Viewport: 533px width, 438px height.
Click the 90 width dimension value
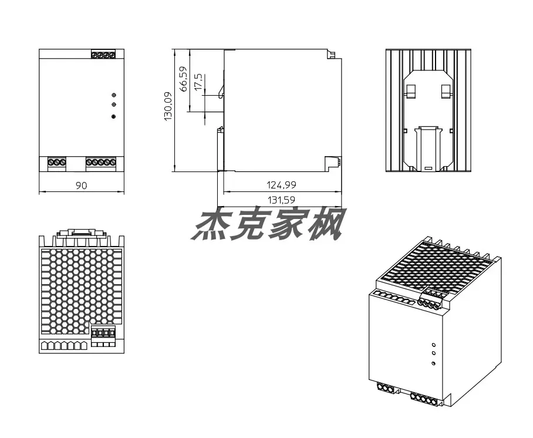point(81,186)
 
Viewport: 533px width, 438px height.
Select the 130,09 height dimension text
point(168,106)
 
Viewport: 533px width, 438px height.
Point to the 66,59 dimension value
point(183,79)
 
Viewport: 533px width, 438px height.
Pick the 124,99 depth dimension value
point(281,185)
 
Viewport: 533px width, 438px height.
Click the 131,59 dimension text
point(281,200)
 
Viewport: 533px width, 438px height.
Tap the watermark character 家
point(285,224)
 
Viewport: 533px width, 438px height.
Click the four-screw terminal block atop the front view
point(103,54)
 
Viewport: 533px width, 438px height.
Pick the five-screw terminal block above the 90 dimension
point(101,162)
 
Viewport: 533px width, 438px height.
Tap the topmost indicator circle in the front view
point(114,95)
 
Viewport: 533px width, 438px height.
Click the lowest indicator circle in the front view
point(114,117)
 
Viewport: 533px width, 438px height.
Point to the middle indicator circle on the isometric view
point(434,354)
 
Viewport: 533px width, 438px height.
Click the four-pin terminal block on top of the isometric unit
point(430,299)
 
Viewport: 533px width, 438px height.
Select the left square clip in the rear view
point(411,91)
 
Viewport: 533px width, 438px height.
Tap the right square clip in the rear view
point(446,91)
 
